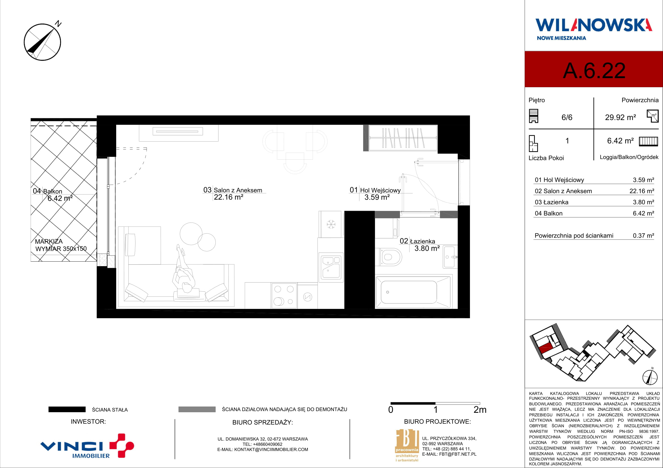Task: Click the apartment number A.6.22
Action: point(594,71)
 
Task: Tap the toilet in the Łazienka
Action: point(389,257)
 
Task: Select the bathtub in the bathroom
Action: point(413,292)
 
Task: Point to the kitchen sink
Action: point(331,267)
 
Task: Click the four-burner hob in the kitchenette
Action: point(284,296)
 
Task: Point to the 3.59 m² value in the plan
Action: point(377,197)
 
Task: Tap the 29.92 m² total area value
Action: point(620,117)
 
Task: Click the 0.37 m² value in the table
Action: point(643,236)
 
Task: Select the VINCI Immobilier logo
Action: point(87,446)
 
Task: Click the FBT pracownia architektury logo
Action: point(407,446)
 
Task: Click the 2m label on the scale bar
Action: point(480,410)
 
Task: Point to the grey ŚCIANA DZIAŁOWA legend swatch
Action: point(197,409)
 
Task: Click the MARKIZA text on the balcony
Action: point(49,241)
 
